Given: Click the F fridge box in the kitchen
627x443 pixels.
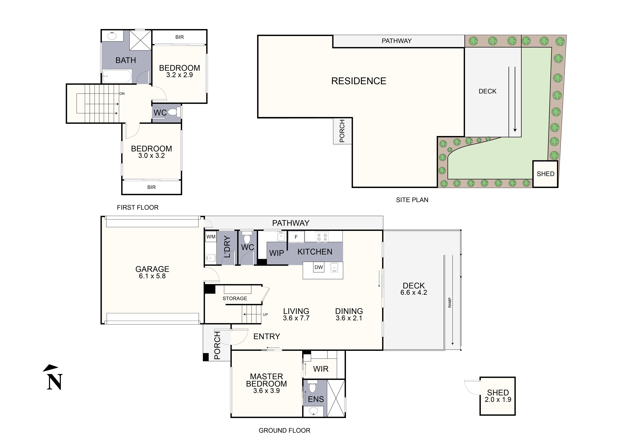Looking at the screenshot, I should point(296,237).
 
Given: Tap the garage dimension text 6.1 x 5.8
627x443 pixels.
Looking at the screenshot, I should point(152,276).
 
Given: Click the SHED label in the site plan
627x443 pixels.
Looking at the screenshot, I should point(545,174).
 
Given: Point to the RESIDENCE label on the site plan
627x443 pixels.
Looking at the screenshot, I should point(359,81).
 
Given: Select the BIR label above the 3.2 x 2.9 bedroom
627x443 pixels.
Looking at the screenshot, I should point(179,37).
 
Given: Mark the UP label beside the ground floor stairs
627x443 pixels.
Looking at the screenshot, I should point(265,315).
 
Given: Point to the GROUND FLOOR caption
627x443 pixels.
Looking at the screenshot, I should point(284,430).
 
